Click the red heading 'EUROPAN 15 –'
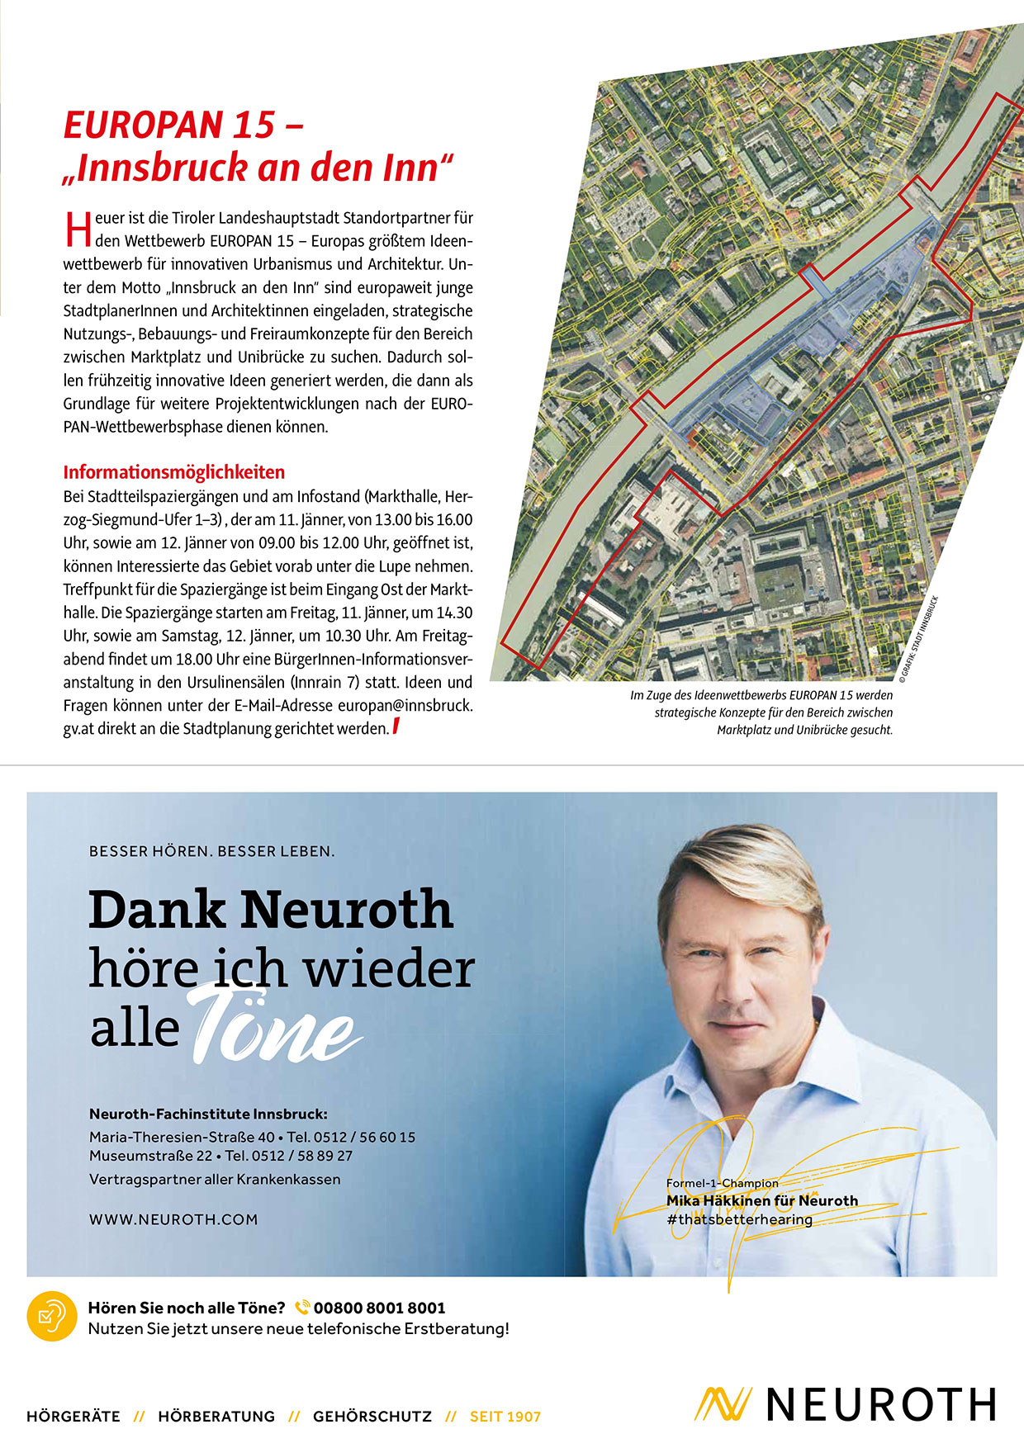[x=183, y=125]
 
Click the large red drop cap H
[x=77, y=229]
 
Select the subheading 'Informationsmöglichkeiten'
[x=173, y=472]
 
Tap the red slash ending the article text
[x=396, y=727]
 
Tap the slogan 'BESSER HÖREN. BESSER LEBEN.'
[x=211, y=851]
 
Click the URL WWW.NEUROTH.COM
[x=173, y=1219]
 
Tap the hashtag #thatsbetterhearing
[x=739, y=1219]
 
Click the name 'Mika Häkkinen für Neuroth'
[x=761, y=1200]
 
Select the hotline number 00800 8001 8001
[x=379, y=1308]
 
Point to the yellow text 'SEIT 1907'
[x=505, y=1417]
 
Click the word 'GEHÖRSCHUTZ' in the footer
[x=372, y=1417]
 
